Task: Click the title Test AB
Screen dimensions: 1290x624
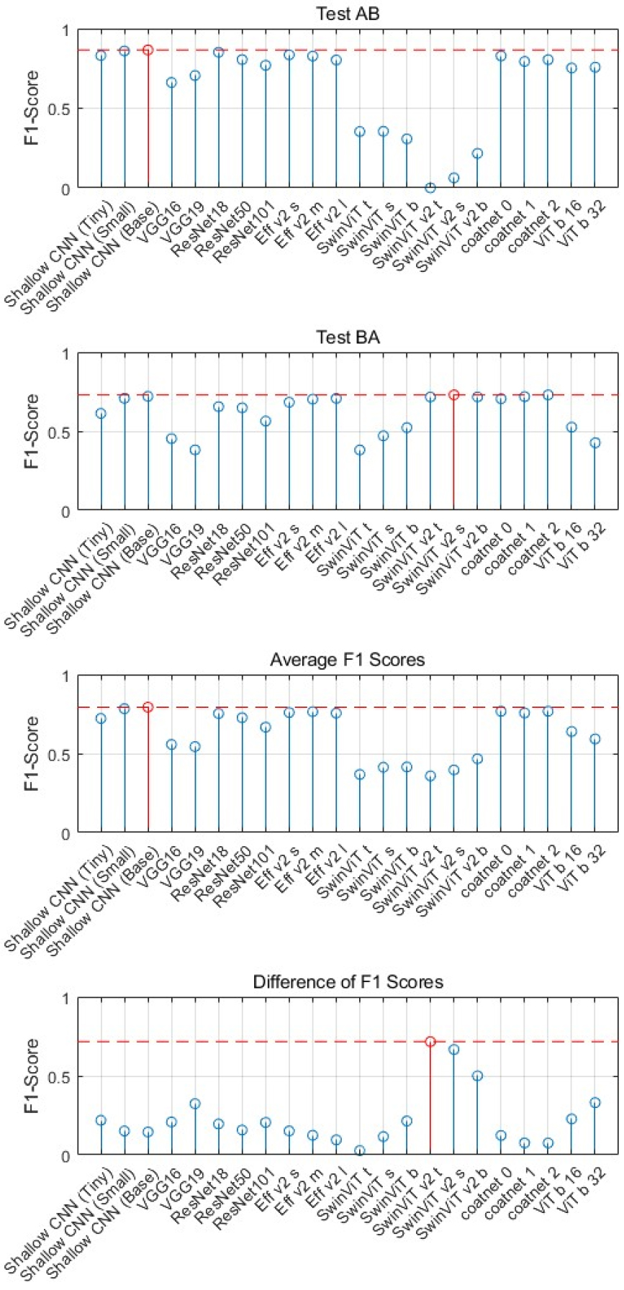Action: point(348,14)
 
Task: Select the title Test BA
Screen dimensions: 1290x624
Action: point(348,337)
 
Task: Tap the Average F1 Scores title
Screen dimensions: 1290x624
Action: point(348,660)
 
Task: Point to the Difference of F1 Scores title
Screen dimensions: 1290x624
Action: point(348,982)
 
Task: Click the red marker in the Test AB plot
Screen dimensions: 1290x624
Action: point(148,50)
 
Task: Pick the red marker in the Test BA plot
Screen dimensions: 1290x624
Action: point(453,394)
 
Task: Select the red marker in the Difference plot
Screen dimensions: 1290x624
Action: point(430,1041)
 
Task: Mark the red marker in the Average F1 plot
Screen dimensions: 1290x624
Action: point(148,707)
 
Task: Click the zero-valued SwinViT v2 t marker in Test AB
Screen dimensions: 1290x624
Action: point(430,188)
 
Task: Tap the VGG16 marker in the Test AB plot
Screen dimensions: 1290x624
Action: point(171,83)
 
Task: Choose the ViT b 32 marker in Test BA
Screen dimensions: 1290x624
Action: point(595,443)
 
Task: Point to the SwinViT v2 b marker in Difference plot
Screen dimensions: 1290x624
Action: point(477,1076)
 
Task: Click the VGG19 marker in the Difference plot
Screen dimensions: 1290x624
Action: point(195,1104)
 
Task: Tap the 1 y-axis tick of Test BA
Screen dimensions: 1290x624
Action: point(65,354)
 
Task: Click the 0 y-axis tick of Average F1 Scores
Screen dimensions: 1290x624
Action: point(65,834)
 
